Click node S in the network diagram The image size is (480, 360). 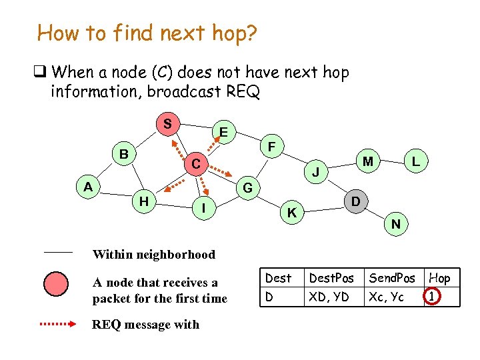(x=168, y=124)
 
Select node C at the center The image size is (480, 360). (x=195, y=163)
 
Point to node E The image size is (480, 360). (x=224, y=133)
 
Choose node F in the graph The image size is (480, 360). (x=271, y=145)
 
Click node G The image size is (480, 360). (x=247, y=188)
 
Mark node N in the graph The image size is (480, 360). (x=396, y=224)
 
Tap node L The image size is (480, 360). (x=415, y=161)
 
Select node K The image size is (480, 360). (x=291, y=213)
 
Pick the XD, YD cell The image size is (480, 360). (x=329, y=297)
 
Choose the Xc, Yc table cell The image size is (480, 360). (x=387, y=297)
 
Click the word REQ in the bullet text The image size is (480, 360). (x=244, y=91)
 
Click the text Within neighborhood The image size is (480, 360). (x=154, y=254)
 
